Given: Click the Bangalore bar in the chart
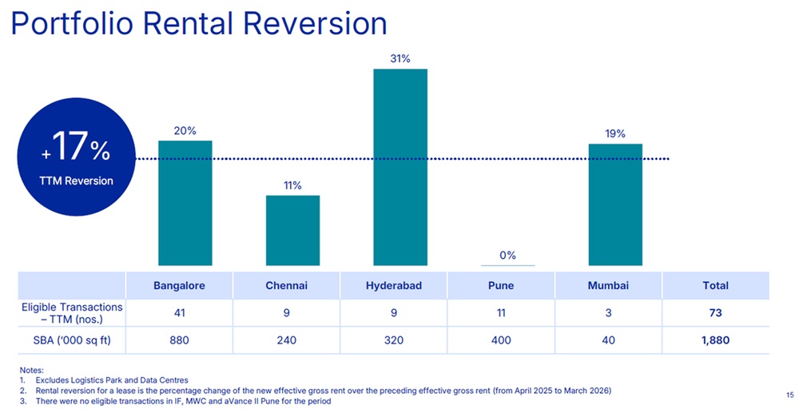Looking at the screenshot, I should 185,203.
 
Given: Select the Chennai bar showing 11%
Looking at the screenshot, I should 292,230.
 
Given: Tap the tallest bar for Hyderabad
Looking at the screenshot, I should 399,167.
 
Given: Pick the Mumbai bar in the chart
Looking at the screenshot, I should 615,204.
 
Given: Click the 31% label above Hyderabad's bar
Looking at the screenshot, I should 399,58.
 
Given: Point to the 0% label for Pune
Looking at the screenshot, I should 507,255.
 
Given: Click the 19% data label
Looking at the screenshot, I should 615,133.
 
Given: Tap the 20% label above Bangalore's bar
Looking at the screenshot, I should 185,130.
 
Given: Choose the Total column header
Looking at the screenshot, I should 715,285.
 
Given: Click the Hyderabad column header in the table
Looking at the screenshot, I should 394,285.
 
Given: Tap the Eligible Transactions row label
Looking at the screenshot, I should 72,313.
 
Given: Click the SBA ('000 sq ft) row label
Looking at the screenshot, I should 72,340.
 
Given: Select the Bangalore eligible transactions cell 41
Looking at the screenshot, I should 180,313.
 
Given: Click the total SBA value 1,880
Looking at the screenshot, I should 715,340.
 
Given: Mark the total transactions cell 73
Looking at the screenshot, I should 715,313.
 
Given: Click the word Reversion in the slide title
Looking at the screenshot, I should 316,24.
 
